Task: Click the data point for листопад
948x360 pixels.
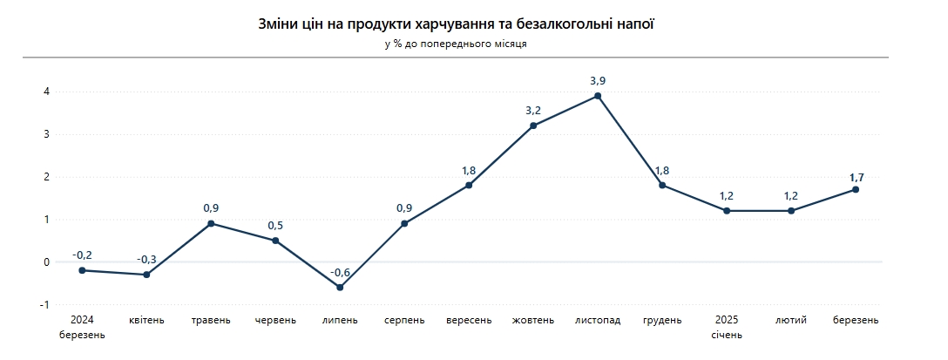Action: [598, 96]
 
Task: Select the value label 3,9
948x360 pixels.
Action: [598, 80]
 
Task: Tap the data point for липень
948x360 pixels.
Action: [340, 287]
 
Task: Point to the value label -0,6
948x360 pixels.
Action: [340, 271]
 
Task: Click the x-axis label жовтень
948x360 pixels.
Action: [533, 320]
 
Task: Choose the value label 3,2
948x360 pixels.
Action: [533, 110]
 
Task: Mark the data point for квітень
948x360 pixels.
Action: [146, 275]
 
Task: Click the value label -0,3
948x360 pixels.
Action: [146, 259]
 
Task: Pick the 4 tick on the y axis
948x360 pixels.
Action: [46, 92]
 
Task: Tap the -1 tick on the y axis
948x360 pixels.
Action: [44, 305]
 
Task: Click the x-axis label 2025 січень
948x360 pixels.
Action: [727, 327]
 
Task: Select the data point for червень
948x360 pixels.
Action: [275, 241]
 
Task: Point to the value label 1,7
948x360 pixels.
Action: [856, 178]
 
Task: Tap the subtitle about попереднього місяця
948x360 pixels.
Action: [455, 44]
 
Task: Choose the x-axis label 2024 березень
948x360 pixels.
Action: [82, 327]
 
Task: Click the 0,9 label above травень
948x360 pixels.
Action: [211, 207]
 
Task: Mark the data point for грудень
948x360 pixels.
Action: [662, 185]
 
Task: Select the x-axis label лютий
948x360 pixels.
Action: [791, 320]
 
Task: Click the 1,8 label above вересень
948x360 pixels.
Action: [469, 170]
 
